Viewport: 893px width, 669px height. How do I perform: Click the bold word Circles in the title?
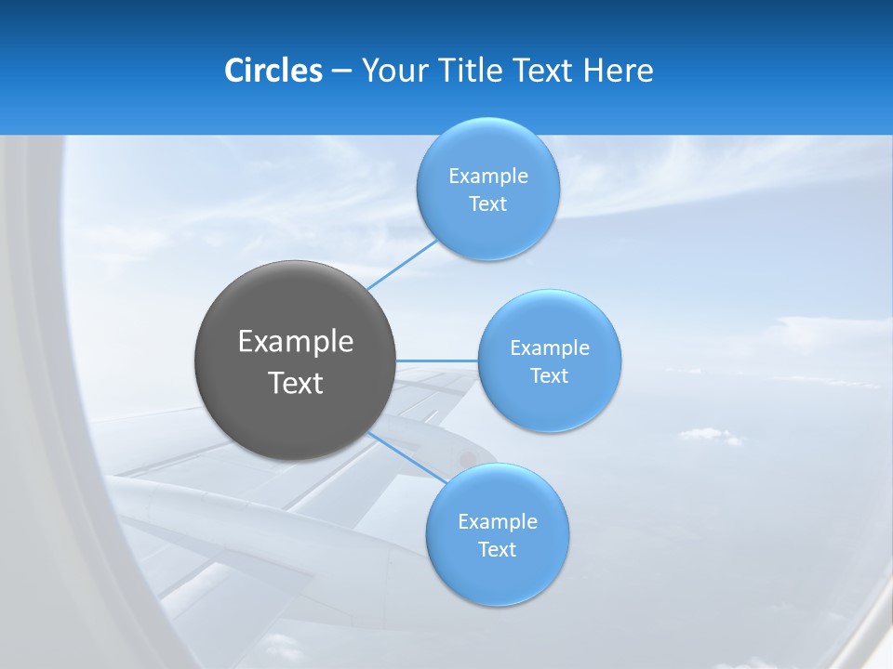(273, 71)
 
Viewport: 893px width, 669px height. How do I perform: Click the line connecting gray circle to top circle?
(402, 264)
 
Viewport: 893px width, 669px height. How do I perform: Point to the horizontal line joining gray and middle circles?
(436, 361)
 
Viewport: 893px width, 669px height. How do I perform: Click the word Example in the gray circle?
(296, 342)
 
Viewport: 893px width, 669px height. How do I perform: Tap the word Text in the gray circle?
(296, 383)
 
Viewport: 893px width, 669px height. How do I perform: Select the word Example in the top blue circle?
(488, 177)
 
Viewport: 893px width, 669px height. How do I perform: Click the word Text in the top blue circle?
(487, 204)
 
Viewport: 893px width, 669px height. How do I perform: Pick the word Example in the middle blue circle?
(550, 348)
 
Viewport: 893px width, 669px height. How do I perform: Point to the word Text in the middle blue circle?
(549, 376)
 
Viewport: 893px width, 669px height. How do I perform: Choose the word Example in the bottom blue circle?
(498, 522)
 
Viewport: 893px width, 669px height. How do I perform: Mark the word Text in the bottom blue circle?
(497, 550)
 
